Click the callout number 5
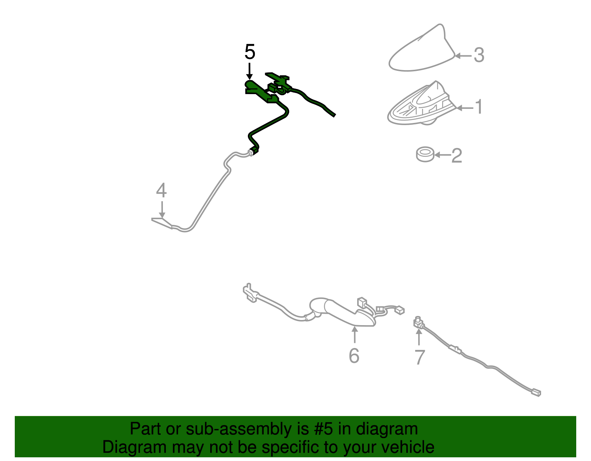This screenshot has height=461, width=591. click(250, 52)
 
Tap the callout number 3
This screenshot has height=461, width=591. click(479, 55)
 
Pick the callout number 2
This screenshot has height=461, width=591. click(457, 156)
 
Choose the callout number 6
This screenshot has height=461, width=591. click(354, 355)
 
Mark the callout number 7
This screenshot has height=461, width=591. click(420, 357)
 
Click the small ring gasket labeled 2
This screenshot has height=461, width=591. click(425, 154)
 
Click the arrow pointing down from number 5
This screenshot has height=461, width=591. click(249, 72)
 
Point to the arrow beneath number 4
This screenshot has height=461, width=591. click(162, 209)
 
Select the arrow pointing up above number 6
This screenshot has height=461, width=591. click(354, 335)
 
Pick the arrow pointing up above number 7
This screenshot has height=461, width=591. click(419, 337)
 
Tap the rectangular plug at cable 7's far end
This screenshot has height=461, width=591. click(536, 393)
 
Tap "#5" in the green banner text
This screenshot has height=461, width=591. click(323, 429)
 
